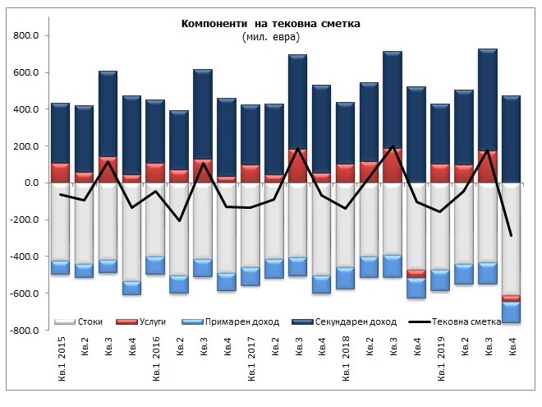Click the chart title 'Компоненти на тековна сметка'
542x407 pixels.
coord(270,23)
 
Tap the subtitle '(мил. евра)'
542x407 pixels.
coord(270,37)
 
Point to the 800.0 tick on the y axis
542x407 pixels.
coord(27,36)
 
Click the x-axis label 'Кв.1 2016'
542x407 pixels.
coord(155,360)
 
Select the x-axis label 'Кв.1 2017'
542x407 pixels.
coord(250,360)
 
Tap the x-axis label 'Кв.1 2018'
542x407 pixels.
coord(346,360)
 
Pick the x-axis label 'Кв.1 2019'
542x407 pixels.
coord(440,360)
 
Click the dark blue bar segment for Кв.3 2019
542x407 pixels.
coord(488,99)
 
